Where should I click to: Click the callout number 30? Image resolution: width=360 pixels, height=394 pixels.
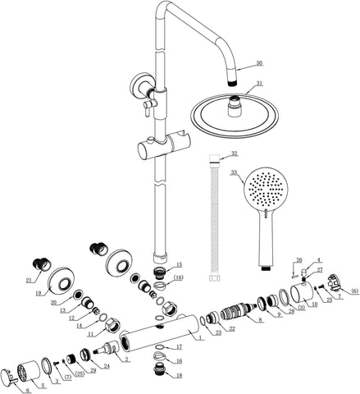[x=259, y=63]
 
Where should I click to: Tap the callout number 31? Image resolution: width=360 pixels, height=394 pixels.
[x=259, y=83]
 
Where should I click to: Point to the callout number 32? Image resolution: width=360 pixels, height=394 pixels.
[x=234, y=153]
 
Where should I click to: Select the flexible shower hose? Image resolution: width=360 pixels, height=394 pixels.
[x=216, y=222]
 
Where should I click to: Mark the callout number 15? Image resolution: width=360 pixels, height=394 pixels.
[x=180, y=265]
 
